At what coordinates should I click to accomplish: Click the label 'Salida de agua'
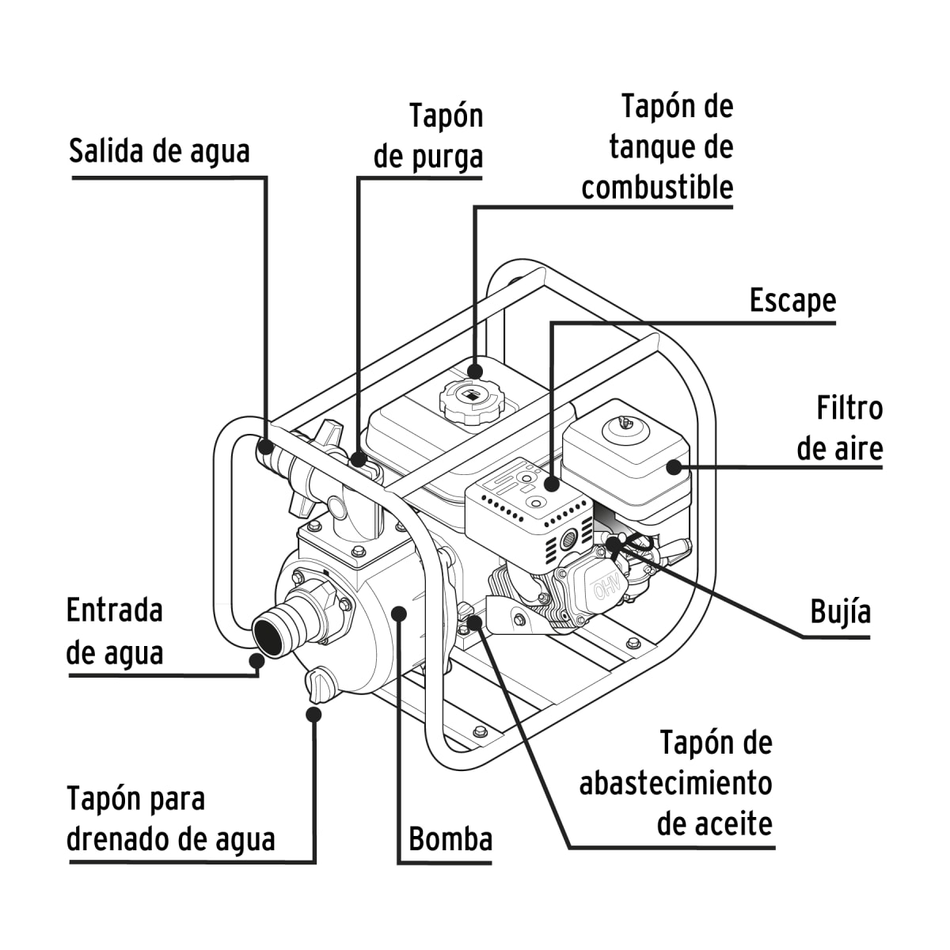159,150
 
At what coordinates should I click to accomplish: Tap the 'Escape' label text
792,301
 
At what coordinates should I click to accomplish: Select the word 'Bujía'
840,612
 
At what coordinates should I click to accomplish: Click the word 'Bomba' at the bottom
450,838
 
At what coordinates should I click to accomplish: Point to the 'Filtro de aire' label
839,428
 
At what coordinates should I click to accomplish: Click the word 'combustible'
657,188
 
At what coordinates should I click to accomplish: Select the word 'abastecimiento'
675,783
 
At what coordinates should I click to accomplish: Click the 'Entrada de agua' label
115,631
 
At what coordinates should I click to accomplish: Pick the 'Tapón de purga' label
429,136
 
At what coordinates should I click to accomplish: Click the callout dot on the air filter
674,466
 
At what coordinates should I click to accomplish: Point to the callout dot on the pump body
399,612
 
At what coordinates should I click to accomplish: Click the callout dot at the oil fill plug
474,622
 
